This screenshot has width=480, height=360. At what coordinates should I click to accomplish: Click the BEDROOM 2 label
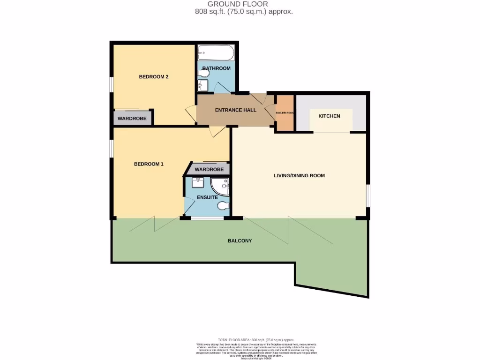[154, 77]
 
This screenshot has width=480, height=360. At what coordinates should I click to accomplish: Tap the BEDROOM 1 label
[149, 164]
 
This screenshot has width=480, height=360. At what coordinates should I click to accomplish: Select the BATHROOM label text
[216, 68]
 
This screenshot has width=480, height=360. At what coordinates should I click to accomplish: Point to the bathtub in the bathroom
[215, 53]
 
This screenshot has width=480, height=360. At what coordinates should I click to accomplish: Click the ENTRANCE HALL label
[235, 110]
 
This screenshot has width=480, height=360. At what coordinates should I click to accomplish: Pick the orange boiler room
[285, 112]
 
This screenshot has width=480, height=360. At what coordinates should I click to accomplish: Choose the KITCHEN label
[329, 116]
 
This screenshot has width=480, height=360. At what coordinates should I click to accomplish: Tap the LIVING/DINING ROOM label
[299, 176]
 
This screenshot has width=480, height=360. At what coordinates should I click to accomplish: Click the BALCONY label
[240, 241]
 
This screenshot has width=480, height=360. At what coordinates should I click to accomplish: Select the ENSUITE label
[207, 197]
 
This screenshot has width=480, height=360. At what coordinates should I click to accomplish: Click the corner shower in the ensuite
[220, 186]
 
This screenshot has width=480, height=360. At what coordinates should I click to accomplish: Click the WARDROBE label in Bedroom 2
[132, 119]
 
